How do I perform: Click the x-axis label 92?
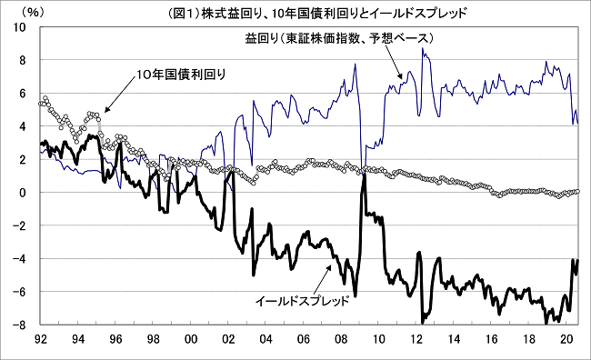41,339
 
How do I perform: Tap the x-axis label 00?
191,339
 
